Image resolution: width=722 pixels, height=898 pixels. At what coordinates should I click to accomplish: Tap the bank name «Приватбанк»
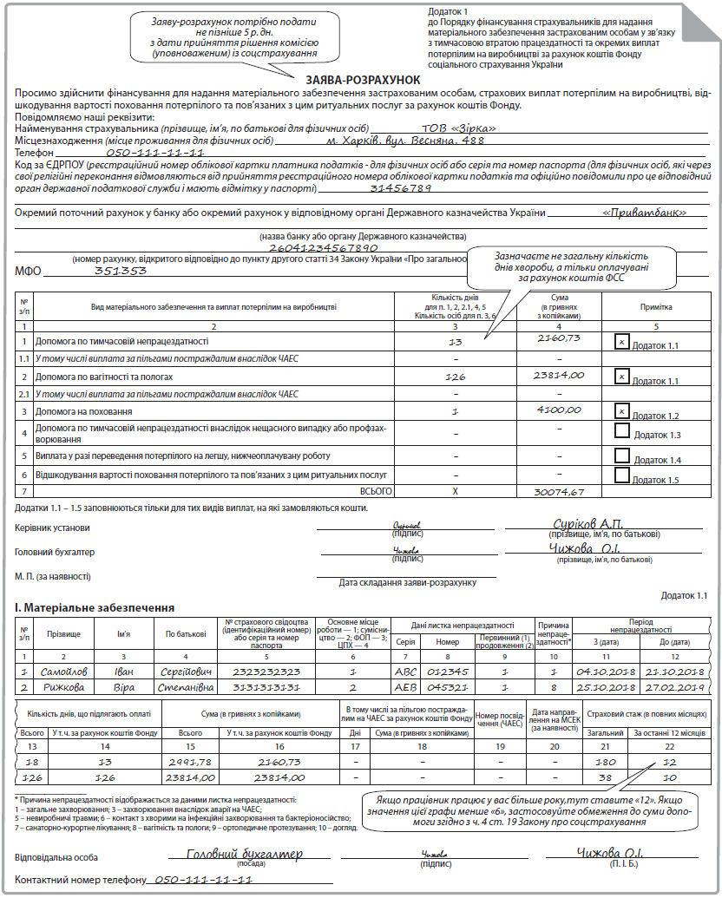[x=644, y=212]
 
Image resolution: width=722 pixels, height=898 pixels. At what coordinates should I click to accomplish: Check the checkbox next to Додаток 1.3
[x=621, y=431]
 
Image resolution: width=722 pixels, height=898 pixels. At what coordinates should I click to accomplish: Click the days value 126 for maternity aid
[x=454, y=377]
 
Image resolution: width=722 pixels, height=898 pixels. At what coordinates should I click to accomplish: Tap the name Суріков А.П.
[x=587, y=523]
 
